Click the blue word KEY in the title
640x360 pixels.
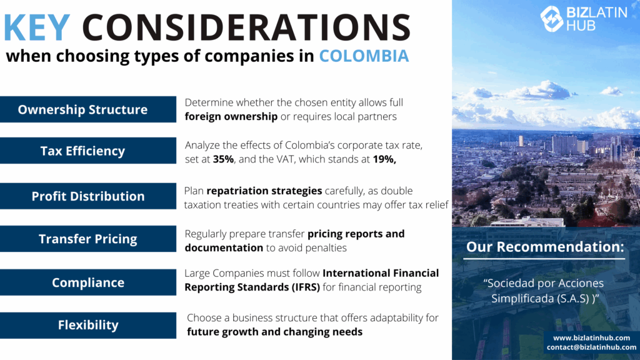37,27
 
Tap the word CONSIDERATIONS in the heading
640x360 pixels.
246,27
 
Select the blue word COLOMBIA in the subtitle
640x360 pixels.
364,56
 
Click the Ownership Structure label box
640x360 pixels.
88,109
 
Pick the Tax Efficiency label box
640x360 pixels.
88,151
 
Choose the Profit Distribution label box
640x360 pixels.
88,196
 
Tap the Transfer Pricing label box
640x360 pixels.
88,239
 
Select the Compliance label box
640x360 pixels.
88,282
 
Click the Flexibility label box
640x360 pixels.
88,325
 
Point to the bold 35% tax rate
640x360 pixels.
223,159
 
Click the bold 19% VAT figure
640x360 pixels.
384,159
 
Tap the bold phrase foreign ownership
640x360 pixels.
231,117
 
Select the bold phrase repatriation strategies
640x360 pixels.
264,191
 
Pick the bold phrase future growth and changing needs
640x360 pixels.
275,332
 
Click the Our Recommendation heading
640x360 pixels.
545,247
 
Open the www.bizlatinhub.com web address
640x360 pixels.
591,338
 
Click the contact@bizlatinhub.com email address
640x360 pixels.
591,347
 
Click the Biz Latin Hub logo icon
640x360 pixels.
552,18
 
